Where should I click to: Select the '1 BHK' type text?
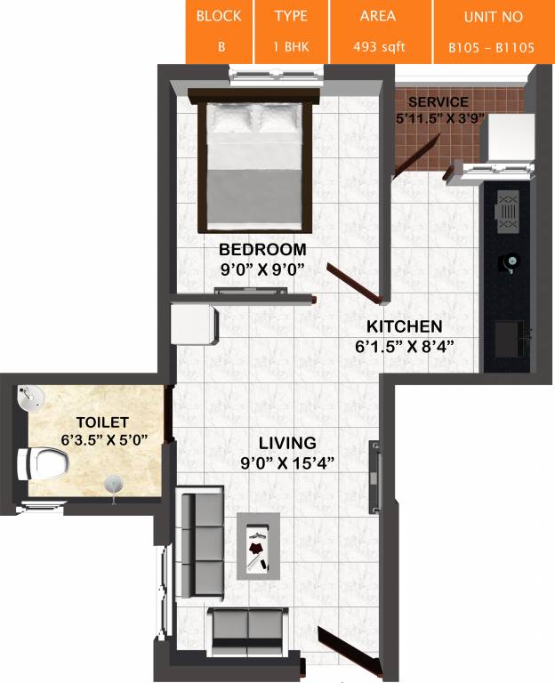[x=291, y=46]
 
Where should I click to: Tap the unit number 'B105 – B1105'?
[x=492, y=47]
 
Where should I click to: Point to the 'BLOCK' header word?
[x=219, y=17]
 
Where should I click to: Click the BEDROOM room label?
[x=262, y=249]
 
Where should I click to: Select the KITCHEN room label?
[x=405, y=326]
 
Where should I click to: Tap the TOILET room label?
[x=102, y=422]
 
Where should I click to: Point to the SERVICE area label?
[x=432, y=102]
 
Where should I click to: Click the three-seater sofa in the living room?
[x=197, y=543]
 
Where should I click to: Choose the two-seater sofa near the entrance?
[x=247, y=628]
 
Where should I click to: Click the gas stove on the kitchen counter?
[x=508, y=212]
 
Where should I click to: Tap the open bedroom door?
[x=354, y=281]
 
